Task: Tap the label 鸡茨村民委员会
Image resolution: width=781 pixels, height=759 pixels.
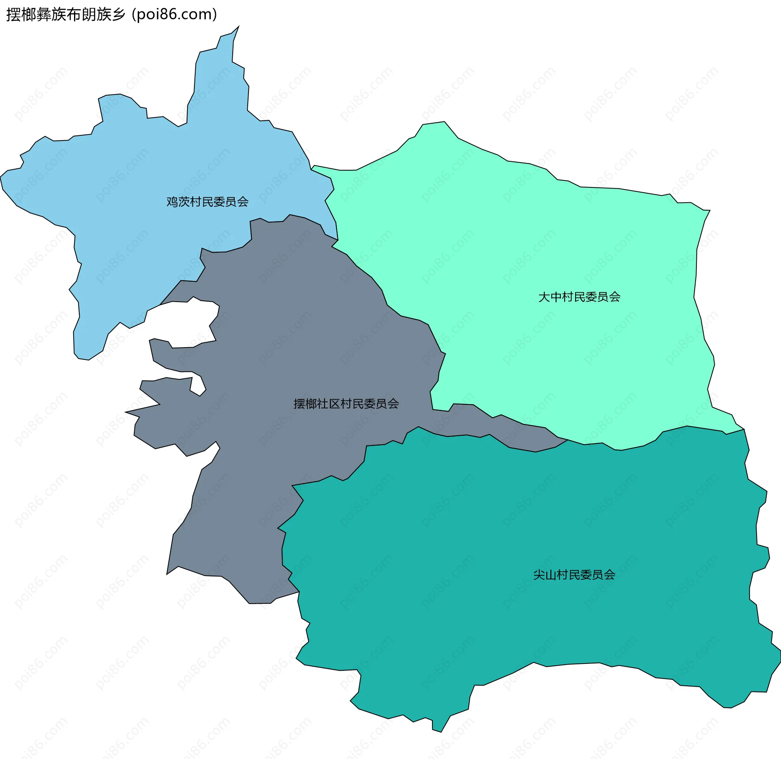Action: point(207,202)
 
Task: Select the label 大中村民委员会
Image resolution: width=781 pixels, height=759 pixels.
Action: point(579,297)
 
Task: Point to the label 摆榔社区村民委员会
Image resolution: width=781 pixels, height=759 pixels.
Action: point(346,404)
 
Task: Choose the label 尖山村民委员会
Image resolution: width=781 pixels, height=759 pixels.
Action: point(574,575)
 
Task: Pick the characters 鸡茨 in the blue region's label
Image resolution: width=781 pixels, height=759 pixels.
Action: point(178,202)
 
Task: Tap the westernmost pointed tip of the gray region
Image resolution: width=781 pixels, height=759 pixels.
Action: point(127,412)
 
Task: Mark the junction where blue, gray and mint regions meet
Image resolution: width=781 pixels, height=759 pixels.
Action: point(337,239)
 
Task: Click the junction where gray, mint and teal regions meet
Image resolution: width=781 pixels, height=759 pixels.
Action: point(567,439)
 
